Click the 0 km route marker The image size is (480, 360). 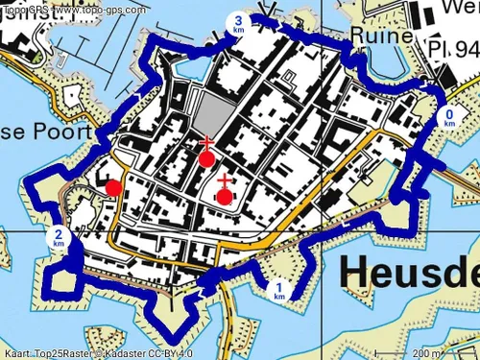pos(450,117)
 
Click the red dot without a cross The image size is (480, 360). pos(113,187)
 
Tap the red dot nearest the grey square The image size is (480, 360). pos(206,159)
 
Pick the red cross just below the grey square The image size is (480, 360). pos(204,144)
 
